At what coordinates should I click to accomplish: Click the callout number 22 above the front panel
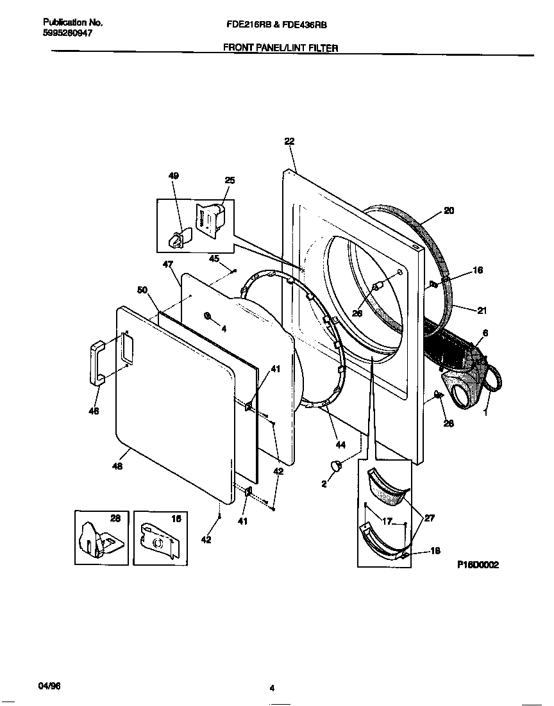289,142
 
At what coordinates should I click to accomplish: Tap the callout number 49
174,176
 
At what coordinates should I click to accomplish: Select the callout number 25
230,180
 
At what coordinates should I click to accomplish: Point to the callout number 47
168,264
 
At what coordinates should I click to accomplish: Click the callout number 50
142,290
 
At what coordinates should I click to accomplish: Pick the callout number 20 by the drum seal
449,210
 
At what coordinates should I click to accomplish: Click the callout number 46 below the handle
94,412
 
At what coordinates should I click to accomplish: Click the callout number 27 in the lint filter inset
429,518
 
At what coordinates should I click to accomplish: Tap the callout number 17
387,521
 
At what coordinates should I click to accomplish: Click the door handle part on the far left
97,363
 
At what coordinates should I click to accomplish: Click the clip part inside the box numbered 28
94,540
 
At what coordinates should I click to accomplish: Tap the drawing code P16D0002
478,565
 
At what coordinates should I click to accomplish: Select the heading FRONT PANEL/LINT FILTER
280,47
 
